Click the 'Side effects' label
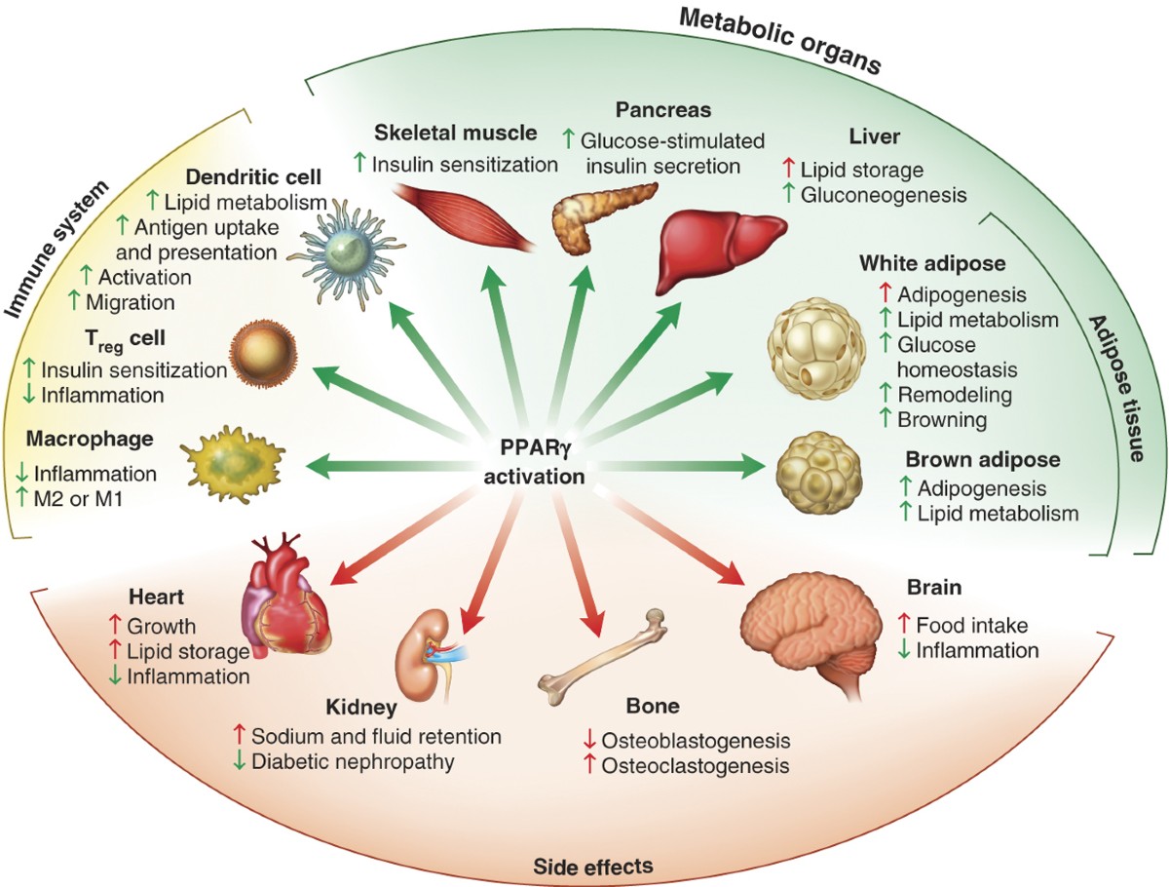pyautogui.click(x=592, y=865)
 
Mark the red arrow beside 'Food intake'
pyautogui.click(x=901, y=624)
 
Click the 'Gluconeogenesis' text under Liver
pyautogui.click(x=884, y=195)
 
